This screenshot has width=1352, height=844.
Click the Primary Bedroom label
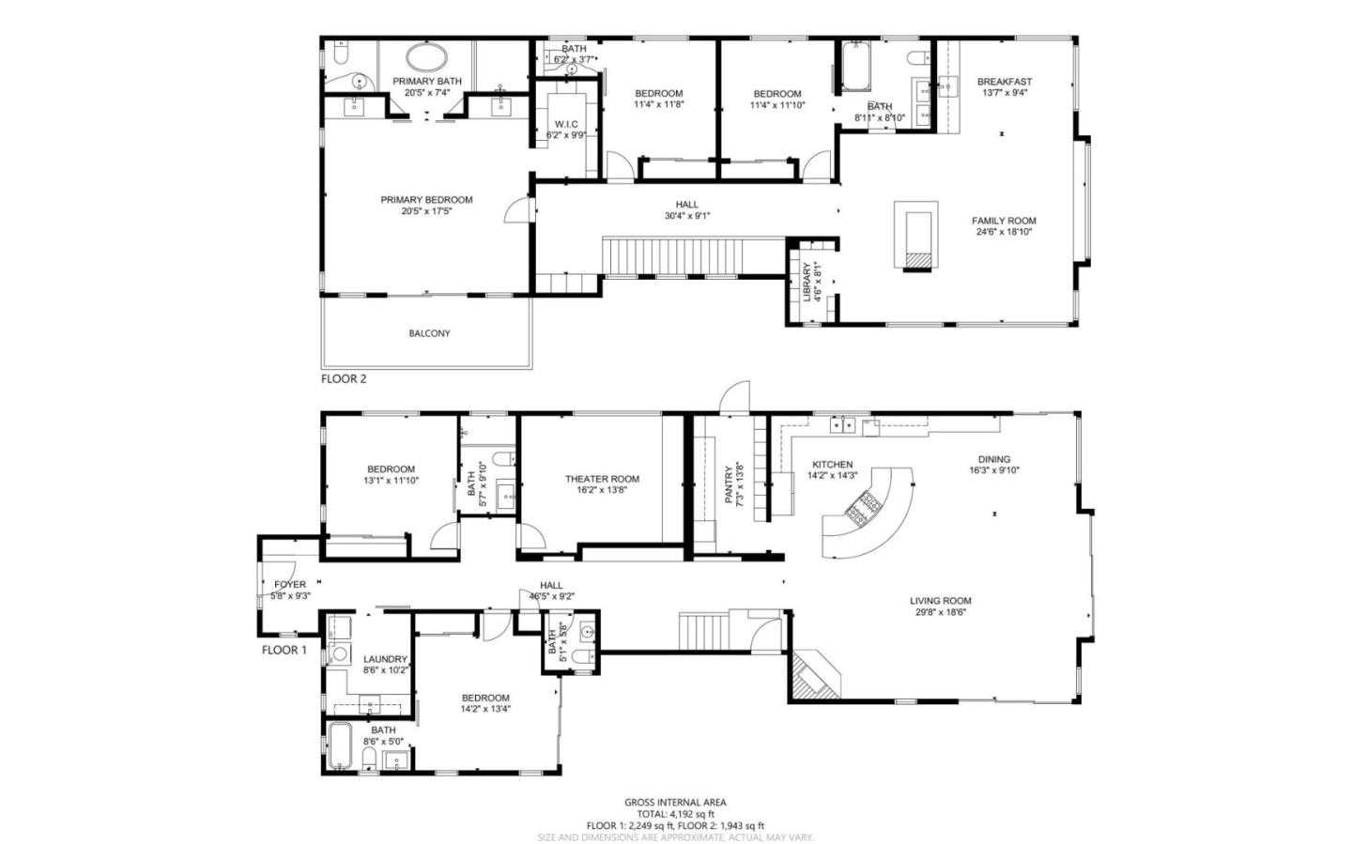tap(426, 200)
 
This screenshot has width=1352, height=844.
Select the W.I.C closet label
tap(566, 124)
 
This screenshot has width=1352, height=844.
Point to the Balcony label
tap(429, 333)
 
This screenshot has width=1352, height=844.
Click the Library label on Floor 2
tap(807, 282)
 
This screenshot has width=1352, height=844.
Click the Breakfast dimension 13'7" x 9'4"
tap(1004, 93)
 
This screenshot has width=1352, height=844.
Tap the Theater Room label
tap(602, 479)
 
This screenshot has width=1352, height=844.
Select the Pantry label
tap(729, 483)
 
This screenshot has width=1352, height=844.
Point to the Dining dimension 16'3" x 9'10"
tap(993, 471)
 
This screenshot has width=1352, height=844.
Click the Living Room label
tap(940, 601)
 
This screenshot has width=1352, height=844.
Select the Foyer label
tap(290, 585)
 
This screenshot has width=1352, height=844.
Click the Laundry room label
tap(385, 659)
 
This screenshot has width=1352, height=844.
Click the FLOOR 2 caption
tap(344, 379)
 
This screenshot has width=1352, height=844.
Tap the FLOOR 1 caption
tap(284, 650)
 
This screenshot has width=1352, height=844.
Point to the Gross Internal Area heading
tap(675, 803)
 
